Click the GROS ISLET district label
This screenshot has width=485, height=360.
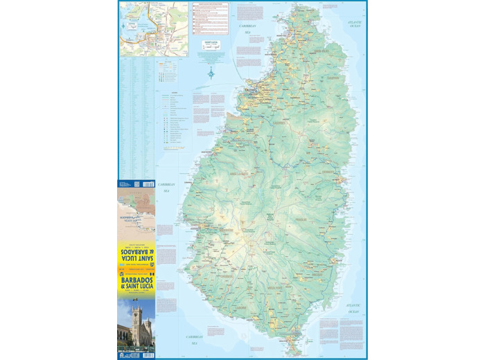(x=320, y=51)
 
